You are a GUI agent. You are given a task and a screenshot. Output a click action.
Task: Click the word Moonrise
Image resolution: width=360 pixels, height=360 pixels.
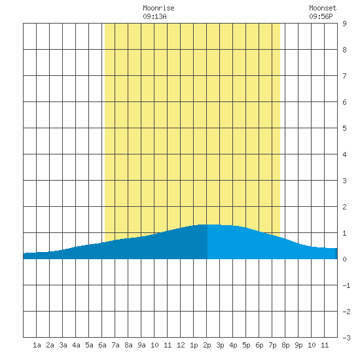click(158, 8)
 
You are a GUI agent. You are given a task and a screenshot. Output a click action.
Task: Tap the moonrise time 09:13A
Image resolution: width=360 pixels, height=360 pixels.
click(154, 16)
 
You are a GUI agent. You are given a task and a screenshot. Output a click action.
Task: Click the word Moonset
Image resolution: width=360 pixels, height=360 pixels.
click(323, 8)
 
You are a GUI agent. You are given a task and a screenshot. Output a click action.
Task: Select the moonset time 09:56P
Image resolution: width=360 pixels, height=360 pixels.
click(321, 16)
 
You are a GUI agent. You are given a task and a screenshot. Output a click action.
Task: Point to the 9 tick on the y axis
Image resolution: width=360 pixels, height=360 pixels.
click(344, 24)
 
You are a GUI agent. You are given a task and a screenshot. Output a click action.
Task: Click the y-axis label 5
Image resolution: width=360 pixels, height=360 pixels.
click(344, 128)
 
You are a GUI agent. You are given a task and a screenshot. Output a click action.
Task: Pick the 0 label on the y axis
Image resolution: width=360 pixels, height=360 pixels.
click(344, 259)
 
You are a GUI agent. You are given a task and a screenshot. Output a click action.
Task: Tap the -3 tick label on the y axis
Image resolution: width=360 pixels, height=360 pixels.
click(346, 338)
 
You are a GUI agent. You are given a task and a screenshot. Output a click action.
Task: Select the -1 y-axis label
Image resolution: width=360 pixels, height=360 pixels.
click(346, 285)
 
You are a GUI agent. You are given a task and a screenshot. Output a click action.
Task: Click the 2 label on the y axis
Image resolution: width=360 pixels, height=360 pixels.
click(344, 207)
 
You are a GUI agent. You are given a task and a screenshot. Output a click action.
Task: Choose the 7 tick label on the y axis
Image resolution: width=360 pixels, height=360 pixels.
click(344, 76)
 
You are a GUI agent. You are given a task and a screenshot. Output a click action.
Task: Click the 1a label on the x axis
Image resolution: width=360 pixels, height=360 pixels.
click(37, 345)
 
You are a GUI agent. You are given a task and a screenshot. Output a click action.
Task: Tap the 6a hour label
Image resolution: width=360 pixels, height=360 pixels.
click(102, 345)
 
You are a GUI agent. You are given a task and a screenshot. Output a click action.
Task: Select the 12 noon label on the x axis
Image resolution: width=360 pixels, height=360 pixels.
click(181, 345)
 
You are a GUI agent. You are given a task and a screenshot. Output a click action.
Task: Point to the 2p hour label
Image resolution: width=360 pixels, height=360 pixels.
click(207, 345)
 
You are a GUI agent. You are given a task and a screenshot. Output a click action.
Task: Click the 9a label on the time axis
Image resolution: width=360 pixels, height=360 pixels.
click(141, 345)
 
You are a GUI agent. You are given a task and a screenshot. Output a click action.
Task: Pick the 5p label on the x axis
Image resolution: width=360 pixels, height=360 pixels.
click(246, 345)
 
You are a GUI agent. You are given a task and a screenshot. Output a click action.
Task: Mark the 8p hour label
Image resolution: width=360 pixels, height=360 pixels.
click(285, 345)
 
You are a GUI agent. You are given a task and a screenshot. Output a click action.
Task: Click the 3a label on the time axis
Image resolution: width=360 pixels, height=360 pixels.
click(63, 345)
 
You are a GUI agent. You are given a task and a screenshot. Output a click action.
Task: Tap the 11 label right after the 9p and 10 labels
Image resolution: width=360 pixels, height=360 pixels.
click(325, 345)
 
